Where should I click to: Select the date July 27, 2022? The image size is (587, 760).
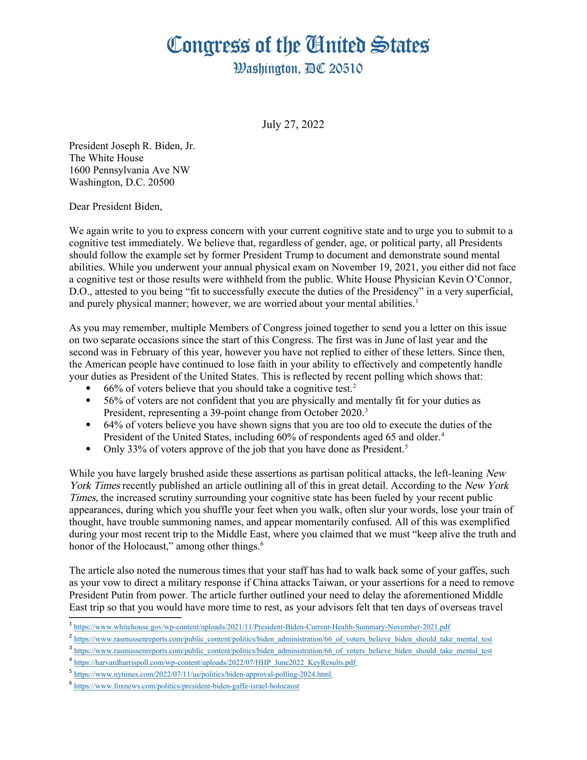coord(293,124)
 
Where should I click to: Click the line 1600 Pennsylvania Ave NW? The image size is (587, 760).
coord(129,170)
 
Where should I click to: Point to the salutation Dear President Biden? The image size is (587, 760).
coord(115,207)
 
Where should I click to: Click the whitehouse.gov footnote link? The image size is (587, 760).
coord(261,627)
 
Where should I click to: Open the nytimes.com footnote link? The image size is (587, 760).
coord(202,674)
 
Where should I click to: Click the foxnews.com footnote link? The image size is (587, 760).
coord(186,686)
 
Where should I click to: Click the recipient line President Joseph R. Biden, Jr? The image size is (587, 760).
coord(132,146)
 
